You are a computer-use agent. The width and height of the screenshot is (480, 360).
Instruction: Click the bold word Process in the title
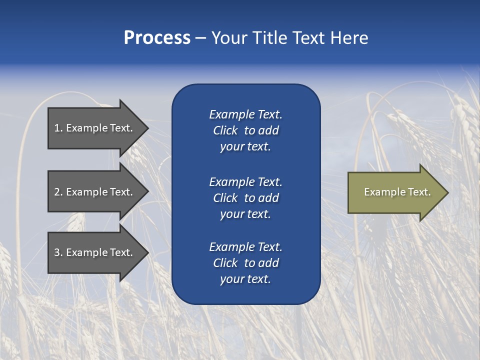157,38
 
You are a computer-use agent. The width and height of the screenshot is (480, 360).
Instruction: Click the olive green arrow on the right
395,192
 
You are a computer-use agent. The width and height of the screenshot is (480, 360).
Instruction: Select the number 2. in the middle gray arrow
58,192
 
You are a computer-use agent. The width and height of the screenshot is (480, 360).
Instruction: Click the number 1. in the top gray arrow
58,128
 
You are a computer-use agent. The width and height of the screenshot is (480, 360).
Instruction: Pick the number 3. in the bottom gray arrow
58,252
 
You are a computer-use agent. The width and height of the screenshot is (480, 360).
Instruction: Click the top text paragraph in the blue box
245,130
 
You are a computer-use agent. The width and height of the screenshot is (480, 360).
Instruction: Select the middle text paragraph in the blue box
245,198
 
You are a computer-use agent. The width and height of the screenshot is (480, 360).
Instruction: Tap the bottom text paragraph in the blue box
245,263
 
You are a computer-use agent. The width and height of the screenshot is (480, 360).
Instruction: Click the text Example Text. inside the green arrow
397,192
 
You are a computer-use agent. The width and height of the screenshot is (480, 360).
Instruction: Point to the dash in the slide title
200,39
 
